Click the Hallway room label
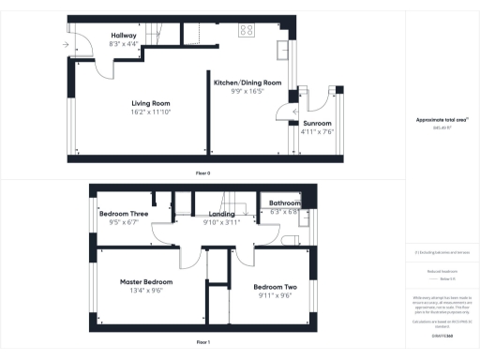tap(123, 36)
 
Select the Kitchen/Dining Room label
tap(247, 82)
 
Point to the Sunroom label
tap(317, 123)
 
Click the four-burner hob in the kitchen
tap(247, 30)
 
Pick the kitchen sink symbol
tap(282, 47)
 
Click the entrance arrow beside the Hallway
tap(67, 44)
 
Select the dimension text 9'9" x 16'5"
tap(247, 91)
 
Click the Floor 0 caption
tap(202, 173)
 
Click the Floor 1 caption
tap(202, 342)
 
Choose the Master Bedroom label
tap(146, 281)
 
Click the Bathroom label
tap(284, 203)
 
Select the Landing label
tap(222, 214)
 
